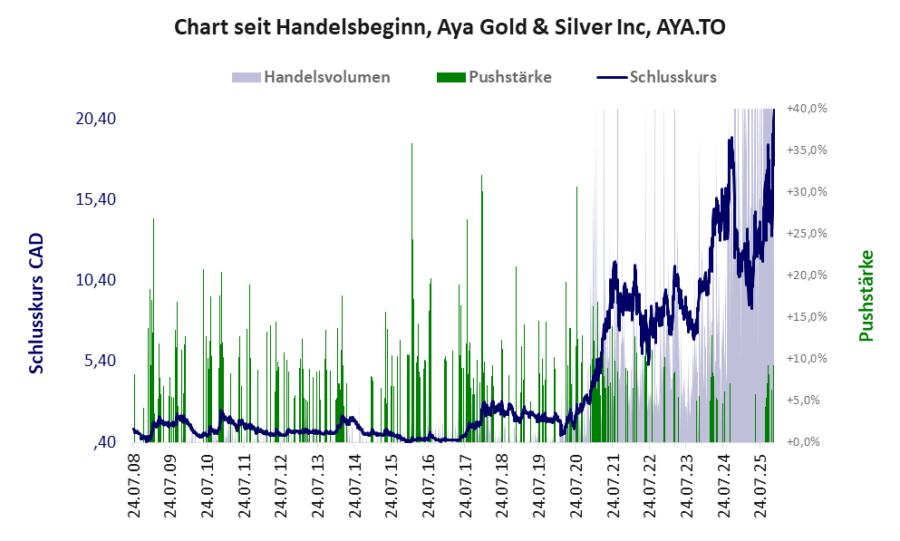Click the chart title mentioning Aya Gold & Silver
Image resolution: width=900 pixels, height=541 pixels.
pos(450,27)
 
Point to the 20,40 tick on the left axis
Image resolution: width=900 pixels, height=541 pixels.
pos(95,119)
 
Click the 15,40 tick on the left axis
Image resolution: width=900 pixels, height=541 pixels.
pos(95,199)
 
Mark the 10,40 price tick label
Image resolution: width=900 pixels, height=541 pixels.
pos(95,280)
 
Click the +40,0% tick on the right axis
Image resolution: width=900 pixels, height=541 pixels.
pos(807,109)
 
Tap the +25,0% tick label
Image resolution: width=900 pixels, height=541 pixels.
pos(807,234)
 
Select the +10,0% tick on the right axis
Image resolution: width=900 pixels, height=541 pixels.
pos(807,359)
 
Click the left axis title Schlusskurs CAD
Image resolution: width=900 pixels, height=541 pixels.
pos(36,303)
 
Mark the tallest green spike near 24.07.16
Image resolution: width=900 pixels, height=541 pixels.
pos(411,145)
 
